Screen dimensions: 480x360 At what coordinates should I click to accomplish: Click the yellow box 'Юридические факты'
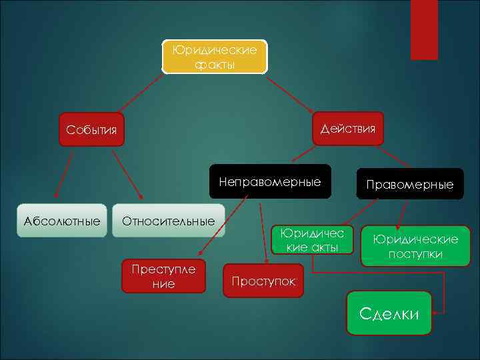tap(215, 57)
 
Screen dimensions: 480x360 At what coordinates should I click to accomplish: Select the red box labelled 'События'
tap(92, 129)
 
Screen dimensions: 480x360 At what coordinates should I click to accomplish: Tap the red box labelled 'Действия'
tap(347, 128)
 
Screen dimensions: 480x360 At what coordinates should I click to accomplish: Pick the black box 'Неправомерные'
tap(270, 181)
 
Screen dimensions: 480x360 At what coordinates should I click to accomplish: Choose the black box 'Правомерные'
tap(409, 184)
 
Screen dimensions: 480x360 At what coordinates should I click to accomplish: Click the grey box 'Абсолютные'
tap(62, 221)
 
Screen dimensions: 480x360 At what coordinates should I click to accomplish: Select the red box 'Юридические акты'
tap(312, 240)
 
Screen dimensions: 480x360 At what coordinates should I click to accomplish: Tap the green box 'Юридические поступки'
tap(415, 246)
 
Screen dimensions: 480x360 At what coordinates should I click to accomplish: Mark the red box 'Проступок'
tap(263, 281)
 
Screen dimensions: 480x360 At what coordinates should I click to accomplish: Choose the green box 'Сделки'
tap(389, 313)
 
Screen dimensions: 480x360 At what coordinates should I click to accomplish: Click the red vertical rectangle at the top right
tap(424, 29)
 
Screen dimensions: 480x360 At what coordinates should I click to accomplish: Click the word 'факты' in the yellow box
tap(215, 65)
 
